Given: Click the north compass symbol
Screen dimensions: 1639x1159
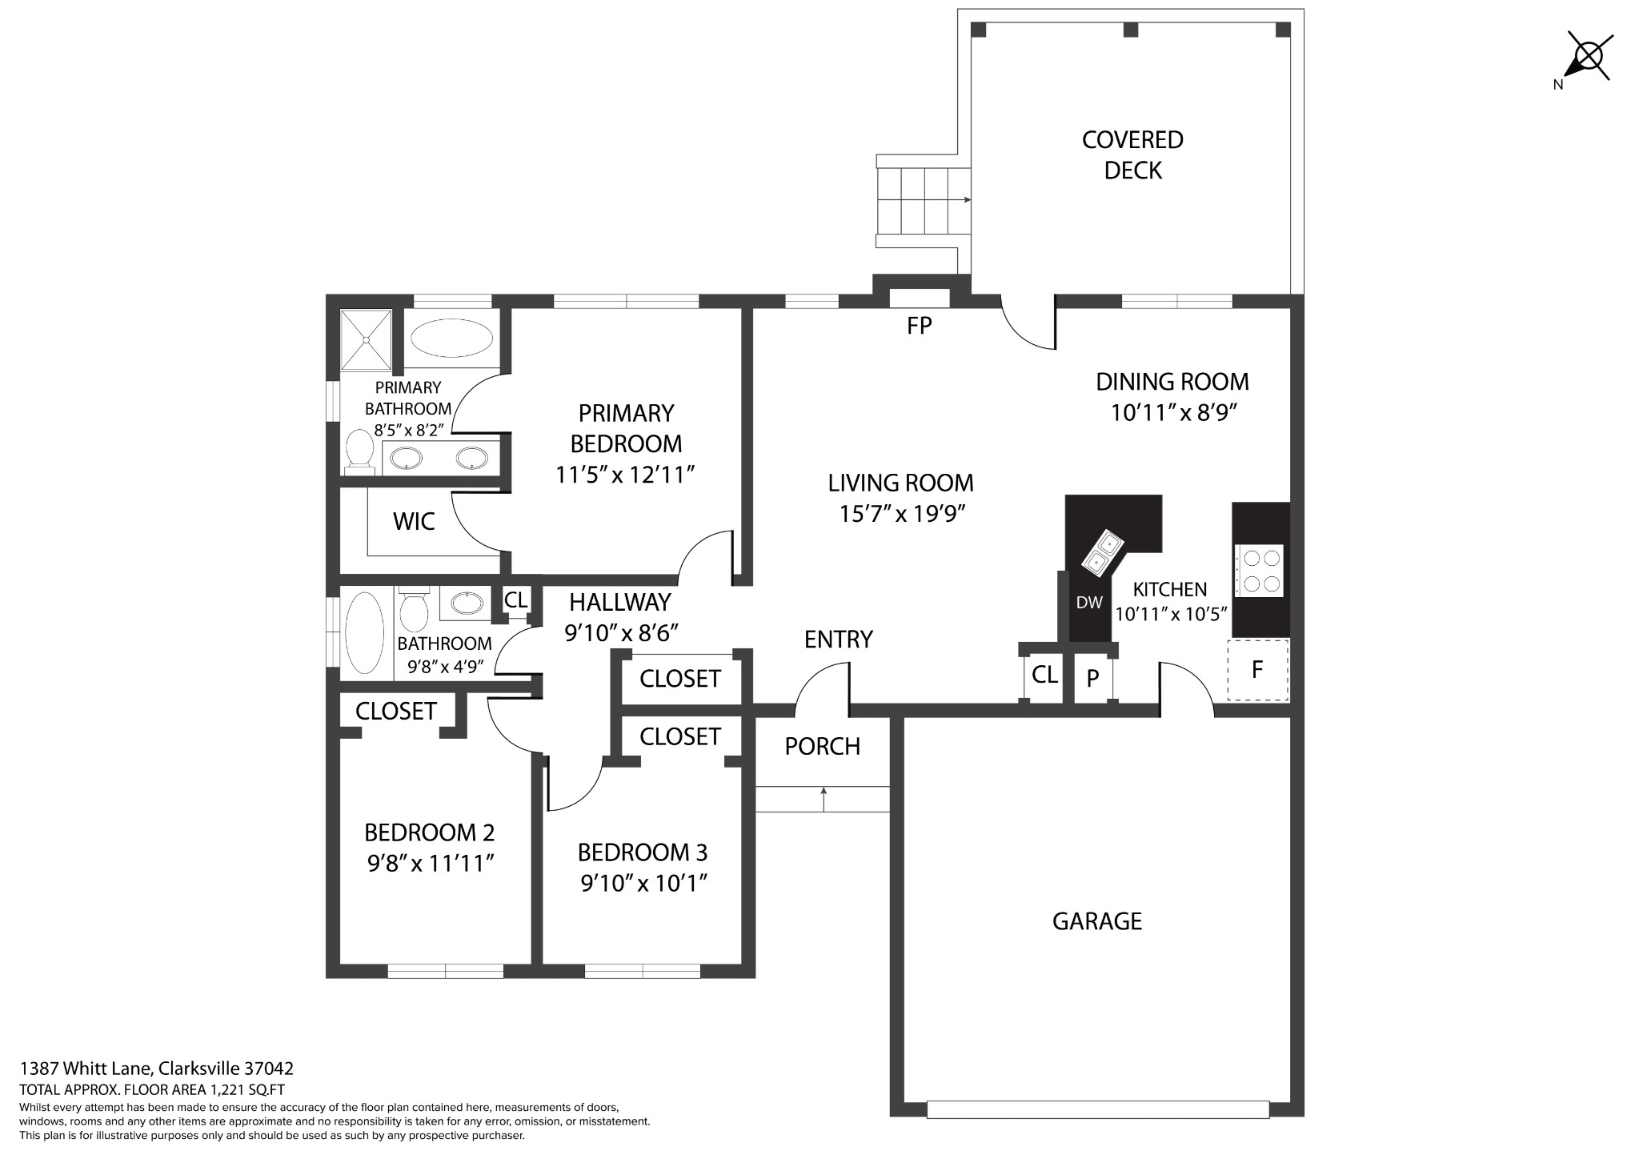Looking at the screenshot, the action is point(1588,58).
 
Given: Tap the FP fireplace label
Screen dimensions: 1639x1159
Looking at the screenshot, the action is point(920,326).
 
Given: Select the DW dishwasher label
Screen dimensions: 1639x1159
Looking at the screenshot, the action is point(1089,603).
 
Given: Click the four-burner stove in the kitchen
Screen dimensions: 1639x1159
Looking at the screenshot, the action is point(1260,571).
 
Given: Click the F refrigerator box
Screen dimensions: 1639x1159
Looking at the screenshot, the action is point(1258,670).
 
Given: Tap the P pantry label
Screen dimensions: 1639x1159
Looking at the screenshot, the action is point(1092,679).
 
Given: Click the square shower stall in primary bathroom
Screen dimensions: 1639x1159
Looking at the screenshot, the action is point(366,340).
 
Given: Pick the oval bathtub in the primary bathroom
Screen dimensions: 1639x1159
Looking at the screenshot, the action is point(452,338).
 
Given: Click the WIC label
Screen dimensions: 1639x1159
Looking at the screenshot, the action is point(415,522).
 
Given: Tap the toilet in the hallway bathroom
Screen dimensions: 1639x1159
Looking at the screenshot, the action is point(414,610).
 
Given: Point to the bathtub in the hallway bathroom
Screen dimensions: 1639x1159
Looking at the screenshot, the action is point(365,633).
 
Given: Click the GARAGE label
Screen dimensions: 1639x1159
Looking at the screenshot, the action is point(1097,921).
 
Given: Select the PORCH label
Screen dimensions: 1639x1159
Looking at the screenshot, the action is point(823,746).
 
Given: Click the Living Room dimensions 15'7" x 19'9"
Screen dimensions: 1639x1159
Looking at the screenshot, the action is point(901,513).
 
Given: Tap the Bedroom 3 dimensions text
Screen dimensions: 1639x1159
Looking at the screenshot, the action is point(643,883).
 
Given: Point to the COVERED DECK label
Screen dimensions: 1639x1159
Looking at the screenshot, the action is point(1132,154).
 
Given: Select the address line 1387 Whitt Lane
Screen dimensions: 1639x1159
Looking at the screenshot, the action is point(157,1069).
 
